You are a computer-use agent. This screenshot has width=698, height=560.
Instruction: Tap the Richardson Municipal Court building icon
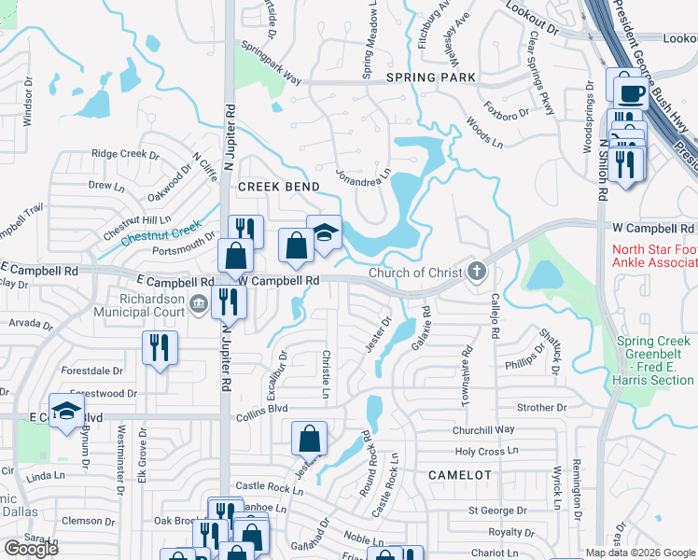(198, 304)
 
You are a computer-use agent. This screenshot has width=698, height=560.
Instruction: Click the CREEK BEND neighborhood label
(273, 187)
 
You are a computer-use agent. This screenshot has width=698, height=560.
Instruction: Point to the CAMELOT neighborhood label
(459, 475)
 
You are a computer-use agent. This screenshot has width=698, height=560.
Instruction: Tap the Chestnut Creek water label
(161, 231)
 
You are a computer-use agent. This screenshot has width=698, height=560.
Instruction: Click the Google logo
(31, 549)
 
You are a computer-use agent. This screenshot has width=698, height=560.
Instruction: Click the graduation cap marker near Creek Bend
(324, 233)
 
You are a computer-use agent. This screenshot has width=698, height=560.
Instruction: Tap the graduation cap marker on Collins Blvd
(66, 411)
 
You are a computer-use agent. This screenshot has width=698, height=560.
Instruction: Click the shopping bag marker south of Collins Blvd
(309, 438)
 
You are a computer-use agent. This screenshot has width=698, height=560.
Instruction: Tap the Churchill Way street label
(483, 430)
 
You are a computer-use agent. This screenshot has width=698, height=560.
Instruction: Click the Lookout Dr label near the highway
(531, 19)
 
